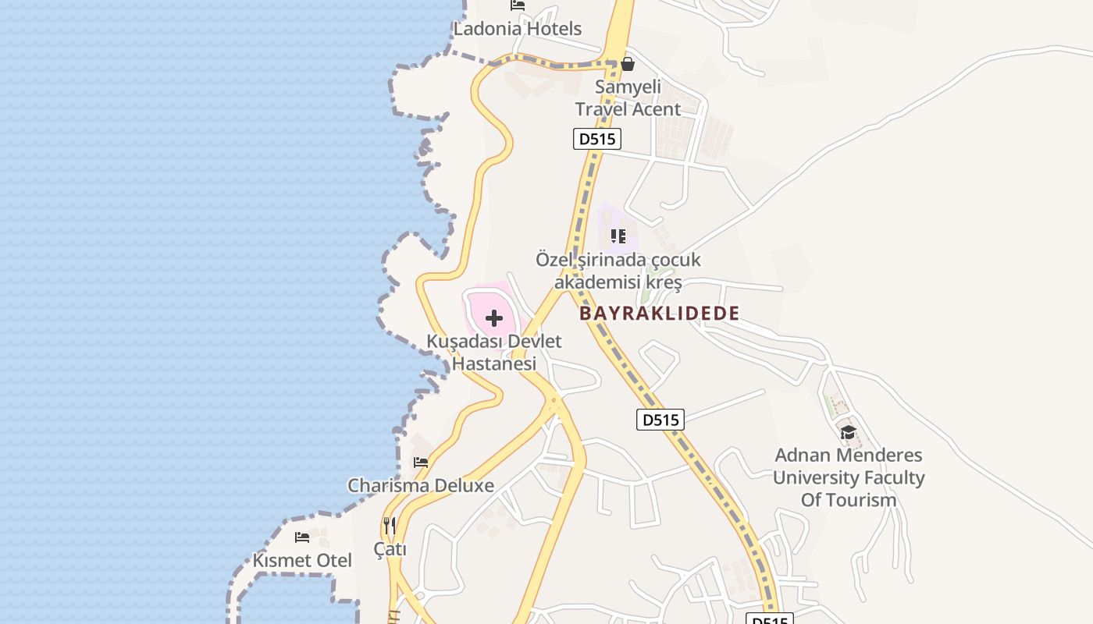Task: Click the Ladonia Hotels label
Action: click(518, 29)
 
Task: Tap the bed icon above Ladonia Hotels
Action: click(518, 5)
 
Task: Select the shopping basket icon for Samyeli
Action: click(628, 64)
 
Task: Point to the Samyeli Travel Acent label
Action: click(628, 98)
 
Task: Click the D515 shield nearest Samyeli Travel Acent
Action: click(596, 140)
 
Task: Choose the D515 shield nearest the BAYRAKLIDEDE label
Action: click(660, 420)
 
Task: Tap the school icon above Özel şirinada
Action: click(618, 236)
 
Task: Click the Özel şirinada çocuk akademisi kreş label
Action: click(618, 271)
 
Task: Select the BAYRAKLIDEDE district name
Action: click(659, 314)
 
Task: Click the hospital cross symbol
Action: click(493, 318)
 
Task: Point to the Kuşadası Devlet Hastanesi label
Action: click(494, 353)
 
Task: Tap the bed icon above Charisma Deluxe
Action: click(421, 463)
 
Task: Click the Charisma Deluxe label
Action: click(421, 485)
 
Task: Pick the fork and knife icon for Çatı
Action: click(390, 526)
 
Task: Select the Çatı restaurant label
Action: click(390, 549)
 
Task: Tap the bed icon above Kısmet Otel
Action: click(302, 537)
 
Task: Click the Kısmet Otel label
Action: click(302, 560)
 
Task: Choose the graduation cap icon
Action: click(849, 432)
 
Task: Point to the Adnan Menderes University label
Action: click(849, 477)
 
